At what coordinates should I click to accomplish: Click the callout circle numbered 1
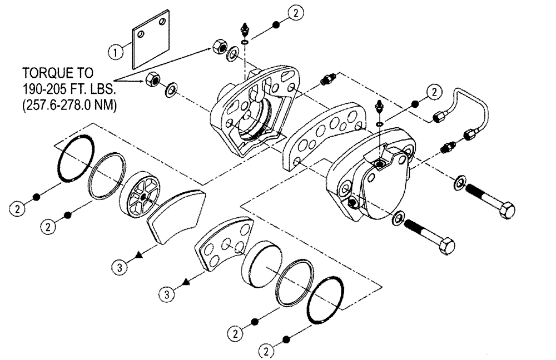[115, 52]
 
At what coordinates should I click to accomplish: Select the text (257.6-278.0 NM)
[69, 105]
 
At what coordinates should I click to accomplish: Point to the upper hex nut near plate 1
[219, 48]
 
